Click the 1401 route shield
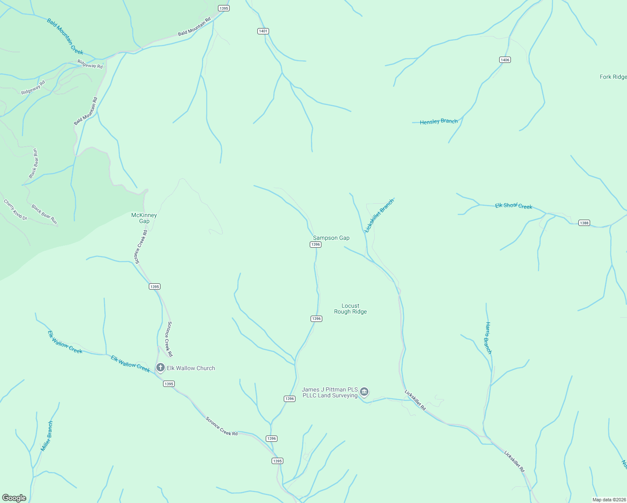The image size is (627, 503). click(x=263, y=31)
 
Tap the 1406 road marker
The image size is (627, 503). click(x=505, y=60)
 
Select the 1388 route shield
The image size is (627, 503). click(x=584, y=223)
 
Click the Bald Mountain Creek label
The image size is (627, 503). click(x=65, y=37)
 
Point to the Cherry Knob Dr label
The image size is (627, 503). click(x=16, y=209)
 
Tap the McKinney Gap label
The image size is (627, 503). click(x=144, y=218)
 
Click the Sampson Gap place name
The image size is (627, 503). click(x=331, y=238)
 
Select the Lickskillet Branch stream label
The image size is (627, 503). click(x=379, y=215)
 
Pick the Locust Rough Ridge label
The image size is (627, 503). click(x=350, y=309)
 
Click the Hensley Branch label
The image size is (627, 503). click(x=439, y=122)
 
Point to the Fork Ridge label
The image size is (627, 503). click(x=613, y=77)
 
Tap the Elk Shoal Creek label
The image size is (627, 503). click(x=513, y=206)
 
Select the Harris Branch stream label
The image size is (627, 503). click(x=488, y=338)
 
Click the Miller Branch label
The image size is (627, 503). click(x=47, y=436)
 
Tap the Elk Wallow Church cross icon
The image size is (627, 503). click(x=160, y=368)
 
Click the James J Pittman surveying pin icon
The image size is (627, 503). click(x=364, y=392)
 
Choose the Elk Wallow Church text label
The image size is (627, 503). click(x=191, y=368)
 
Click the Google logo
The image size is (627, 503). click(x=14, y=498)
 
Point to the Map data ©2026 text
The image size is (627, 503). click(x=609, y=500)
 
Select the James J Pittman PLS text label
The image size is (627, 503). click(x=330, y=392)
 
